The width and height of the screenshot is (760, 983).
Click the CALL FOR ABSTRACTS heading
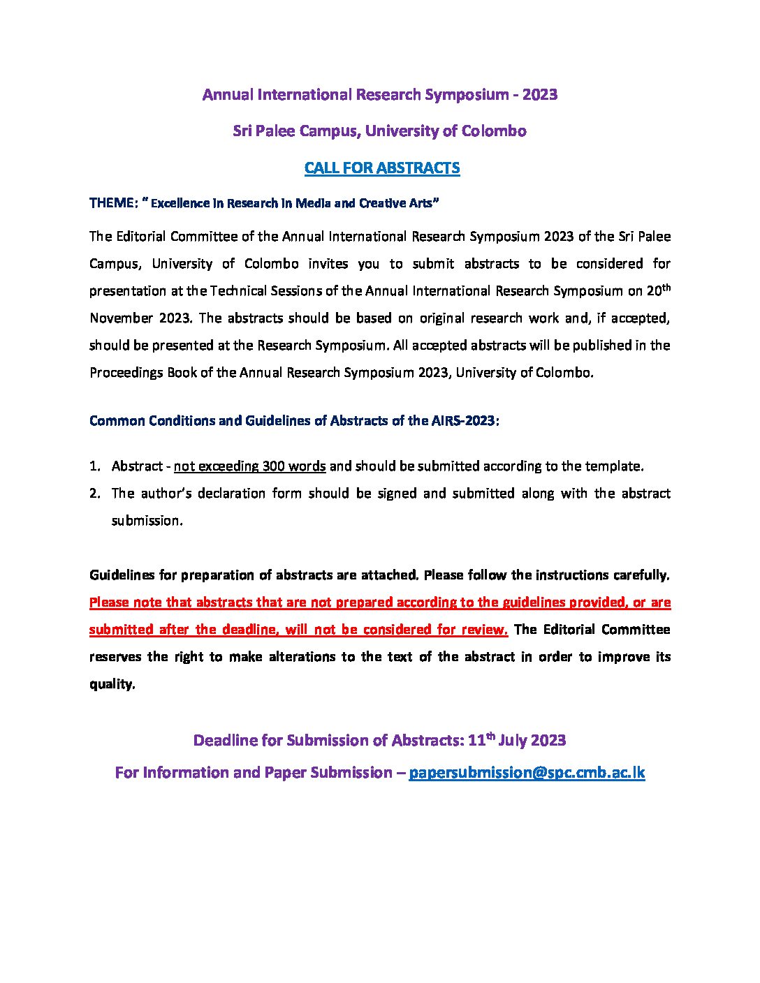pyautogui.click(x=382, y=168)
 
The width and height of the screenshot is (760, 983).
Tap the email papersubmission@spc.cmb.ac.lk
pyautogui.click(x=526, y=772)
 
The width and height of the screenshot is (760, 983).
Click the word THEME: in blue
pyautogui.click(x=113, y=203)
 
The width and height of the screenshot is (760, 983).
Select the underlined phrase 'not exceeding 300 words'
pyautogui.click(x=249, y=466)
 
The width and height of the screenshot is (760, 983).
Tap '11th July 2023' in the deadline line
pyautogui.click(x=516, y=740)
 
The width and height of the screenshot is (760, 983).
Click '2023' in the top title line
pyautogui.click(x=539, y=95)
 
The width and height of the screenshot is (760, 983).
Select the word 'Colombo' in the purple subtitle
pyautogui.click(x=494, y=131)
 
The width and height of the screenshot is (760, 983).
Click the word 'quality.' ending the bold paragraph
pyautogui.click(x=112, y=684)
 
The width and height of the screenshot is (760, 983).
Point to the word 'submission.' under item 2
pyautogui.click(x=147, y=521)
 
